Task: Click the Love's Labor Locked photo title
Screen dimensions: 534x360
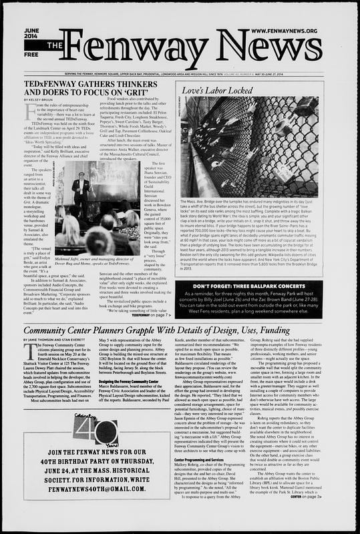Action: pos(212,89)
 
